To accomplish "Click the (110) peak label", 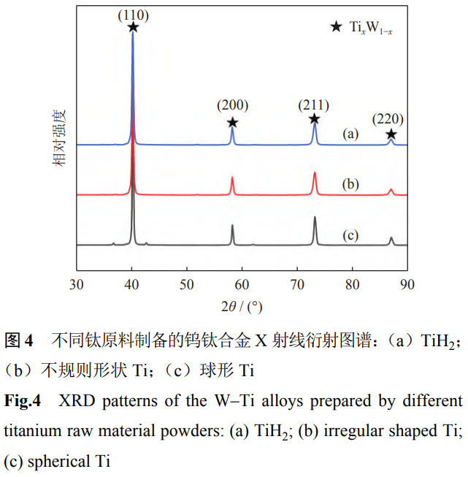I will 133,13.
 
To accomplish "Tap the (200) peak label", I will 232,105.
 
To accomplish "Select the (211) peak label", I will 314,104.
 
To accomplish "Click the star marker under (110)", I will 133,27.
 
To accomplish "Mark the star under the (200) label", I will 232,122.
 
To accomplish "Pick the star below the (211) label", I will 314,118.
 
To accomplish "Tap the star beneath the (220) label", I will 391,134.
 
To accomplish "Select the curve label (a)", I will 351,134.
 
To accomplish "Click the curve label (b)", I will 351,184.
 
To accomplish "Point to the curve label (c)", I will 351,235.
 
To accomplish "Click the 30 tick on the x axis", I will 77,284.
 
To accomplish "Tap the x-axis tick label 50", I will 187,284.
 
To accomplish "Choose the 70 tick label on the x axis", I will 297,284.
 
